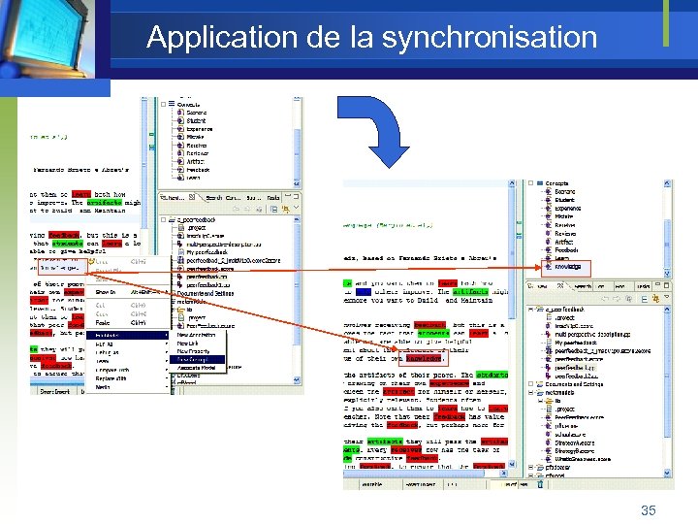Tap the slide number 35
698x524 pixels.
(x=648, y=509)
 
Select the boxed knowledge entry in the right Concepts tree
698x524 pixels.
(x=569, y=267)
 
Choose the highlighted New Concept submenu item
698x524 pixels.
(x=191, y=358)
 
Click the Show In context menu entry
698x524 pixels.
(x=107, y=291)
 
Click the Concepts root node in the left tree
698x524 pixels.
(x=188, y=105)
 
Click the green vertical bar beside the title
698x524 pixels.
(x=666, y=23)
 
